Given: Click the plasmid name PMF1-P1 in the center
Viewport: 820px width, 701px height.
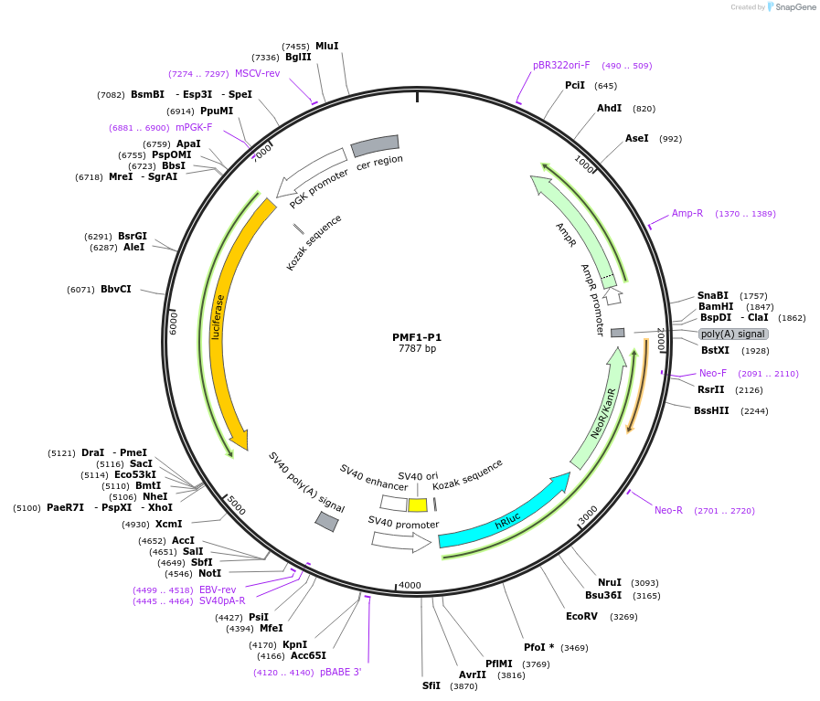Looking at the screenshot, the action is coord(417,336).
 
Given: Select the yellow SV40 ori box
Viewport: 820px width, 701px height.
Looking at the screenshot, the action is coord(418,505).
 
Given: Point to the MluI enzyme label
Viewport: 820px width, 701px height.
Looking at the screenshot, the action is coord(326,46).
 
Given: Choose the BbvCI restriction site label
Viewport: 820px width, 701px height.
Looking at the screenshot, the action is coord(115,290).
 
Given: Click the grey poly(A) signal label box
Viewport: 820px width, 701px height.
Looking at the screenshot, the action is coord(733,334).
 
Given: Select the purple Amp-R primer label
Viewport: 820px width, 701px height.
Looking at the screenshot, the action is coord(687,213).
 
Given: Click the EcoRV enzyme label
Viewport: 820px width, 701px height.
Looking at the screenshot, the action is coord(581,616).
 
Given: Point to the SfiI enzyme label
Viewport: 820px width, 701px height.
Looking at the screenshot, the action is coord(431,685).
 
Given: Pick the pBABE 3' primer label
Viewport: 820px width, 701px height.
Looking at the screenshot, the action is coord(341,672).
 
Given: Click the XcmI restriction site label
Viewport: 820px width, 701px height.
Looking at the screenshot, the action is coord(168,524).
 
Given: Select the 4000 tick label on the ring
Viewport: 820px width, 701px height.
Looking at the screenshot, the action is coord(410,585).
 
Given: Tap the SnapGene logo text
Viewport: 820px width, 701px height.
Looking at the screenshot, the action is coord(791,7).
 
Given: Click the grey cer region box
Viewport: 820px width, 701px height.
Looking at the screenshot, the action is coord(375,145).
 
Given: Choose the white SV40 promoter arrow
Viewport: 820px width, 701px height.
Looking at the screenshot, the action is coord(400,540).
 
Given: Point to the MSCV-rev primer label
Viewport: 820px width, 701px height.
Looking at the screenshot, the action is coord(257,73).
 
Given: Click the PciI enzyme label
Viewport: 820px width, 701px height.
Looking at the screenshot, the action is coord(575,85).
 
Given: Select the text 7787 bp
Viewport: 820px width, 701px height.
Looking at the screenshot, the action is coord(417,348).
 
